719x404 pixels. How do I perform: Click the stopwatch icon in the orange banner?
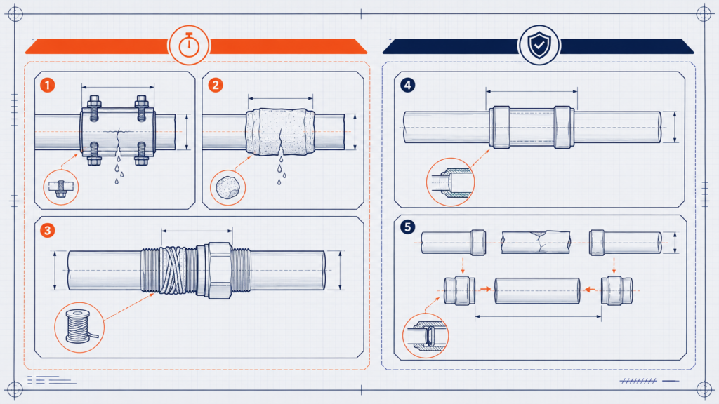click(189, 46)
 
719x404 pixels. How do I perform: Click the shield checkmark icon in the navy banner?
click(539, 45)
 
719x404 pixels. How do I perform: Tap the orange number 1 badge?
click(47, 85)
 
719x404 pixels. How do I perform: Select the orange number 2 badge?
click(216, 85)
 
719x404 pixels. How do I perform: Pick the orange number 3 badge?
click(47, 230)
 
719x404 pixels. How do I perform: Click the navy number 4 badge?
click(408, 85)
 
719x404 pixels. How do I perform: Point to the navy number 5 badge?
click(408, 227)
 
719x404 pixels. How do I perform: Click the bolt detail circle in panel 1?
click(61, 187)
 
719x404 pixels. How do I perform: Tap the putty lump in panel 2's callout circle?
click(227, 188)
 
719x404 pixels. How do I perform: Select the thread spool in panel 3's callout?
click(79, 327)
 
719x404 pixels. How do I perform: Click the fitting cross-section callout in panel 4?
click(450, 182)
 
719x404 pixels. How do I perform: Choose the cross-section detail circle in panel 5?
click(426, 336)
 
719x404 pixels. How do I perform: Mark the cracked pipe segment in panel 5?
click(536, 242)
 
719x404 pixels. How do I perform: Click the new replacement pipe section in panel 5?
click(537, 290)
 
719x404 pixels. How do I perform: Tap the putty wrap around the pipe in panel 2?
click(280, 132)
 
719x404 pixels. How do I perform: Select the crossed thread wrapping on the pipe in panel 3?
click(178, 270)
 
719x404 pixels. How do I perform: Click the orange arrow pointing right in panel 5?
click(485, 289)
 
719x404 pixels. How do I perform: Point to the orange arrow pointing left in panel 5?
click(590, 290)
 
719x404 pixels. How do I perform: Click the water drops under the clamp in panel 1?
click(119, 167)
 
